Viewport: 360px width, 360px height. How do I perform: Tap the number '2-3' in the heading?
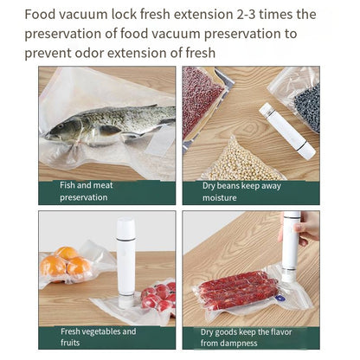point(247,15)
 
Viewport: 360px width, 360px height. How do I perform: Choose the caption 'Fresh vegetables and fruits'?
point(98,337)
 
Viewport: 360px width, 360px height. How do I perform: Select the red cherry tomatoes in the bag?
point(158,297)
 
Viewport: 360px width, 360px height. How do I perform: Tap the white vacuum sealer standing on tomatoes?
point(126,260)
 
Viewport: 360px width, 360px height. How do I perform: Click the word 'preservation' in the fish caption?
point(84,197)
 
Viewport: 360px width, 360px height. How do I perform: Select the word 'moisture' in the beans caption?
point(219,197)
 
